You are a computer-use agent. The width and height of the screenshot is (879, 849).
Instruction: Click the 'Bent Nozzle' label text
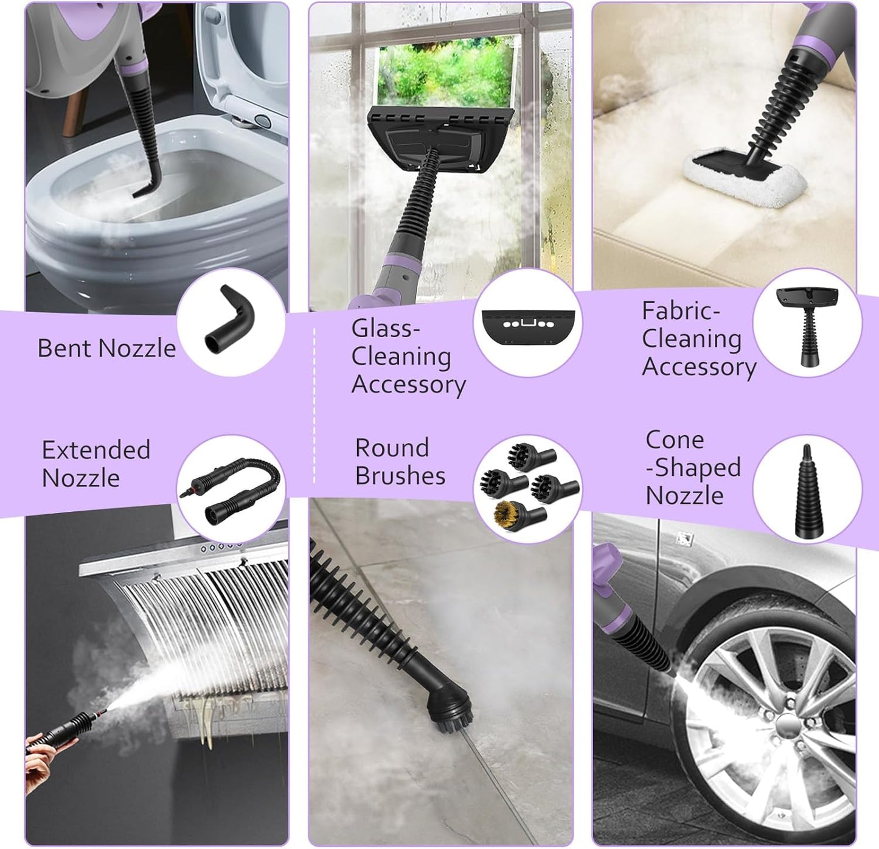pos(106,348)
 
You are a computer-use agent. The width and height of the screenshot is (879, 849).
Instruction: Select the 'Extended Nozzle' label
pos(96,464)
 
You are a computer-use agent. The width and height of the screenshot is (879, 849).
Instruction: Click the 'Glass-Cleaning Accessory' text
pos(408,357)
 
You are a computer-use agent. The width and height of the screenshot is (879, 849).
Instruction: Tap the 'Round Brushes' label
pos(400,462)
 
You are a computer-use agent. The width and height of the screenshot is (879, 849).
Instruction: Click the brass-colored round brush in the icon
pos(509,512)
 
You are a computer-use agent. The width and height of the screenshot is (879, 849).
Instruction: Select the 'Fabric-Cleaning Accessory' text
pos(698,339)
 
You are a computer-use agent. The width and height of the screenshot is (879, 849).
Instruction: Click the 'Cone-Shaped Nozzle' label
pos(692,467)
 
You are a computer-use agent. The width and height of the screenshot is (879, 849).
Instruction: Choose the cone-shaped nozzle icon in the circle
pos(807,492)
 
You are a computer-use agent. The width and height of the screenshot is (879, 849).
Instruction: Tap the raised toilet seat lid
pos(244,67)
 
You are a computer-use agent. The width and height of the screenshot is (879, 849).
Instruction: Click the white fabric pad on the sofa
pos(744,175)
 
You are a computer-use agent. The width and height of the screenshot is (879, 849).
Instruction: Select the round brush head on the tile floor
pos(448,706)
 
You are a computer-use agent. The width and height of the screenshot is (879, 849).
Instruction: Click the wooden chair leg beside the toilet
pos(74,113)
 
